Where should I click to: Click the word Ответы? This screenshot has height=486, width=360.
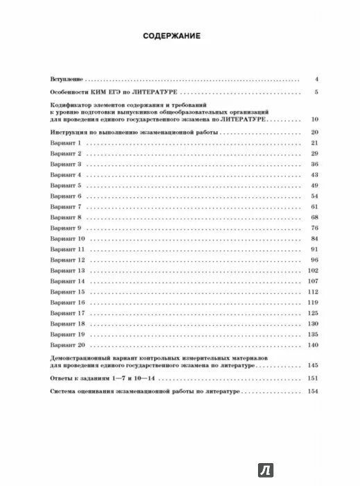[x=62, y=378]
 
